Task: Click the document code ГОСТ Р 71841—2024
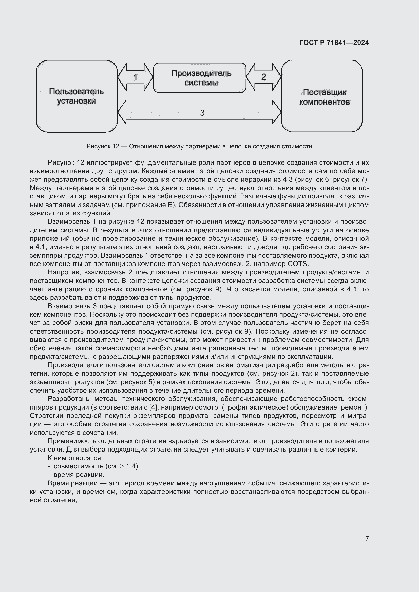[x=334, y=43]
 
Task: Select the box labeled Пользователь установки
[x=76, y=96]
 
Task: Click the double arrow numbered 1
[x=135, y=77]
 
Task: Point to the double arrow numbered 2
[x=263, y=77]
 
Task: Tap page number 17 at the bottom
[x=365, y=538]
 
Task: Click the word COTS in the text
[x=298, y=264]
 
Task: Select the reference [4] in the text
[x=154, y=407]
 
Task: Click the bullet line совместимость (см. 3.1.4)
[x=97, y=466]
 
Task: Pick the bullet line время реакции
[x=79, y=475]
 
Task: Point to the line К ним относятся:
[x=75, y=458]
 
